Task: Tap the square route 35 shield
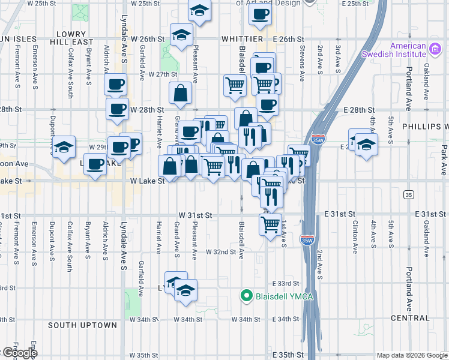tap(409, 194)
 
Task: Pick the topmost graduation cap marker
tap(199, 10)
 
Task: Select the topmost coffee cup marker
tap(260, 15)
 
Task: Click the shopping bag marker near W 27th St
tap(180, 93)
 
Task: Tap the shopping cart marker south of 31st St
tap(271, 224)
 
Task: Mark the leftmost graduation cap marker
tap(63, 146)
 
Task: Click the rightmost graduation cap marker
tap(366, 145)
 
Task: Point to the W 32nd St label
tap(221, 252)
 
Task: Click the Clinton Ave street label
tap(355, 230)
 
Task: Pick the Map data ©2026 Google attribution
tap(412, 355)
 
